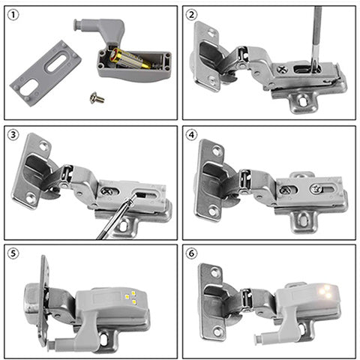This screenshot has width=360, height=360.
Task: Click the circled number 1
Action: coord(13,15)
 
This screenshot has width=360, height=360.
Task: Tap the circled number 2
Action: coord(191,15)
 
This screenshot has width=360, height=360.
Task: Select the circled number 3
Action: coord(13,135)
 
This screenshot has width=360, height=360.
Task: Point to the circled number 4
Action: coord(191,135)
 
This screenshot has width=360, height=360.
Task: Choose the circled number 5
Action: coord(13,253)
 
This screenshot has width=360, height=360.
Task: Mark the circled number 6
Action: coord(191,253)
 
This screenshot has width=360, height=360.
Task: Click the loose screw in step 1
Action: coord(97,98)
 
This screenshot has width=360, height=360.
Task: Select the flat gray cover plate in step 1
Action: coord(46,73)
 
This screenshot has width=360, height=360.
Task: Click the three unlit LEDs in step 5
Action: coord(130,297)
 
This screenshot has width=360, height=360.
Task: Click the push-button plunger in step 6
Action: coord(261,338)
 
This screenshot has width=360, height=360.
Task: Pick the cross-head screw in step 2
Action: coord(283,69)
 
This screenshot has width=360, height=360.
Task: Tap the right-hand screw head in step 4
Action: coord(316,189)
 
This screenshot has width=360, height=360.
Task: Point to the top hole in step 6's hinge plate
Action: coord(216,272)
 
